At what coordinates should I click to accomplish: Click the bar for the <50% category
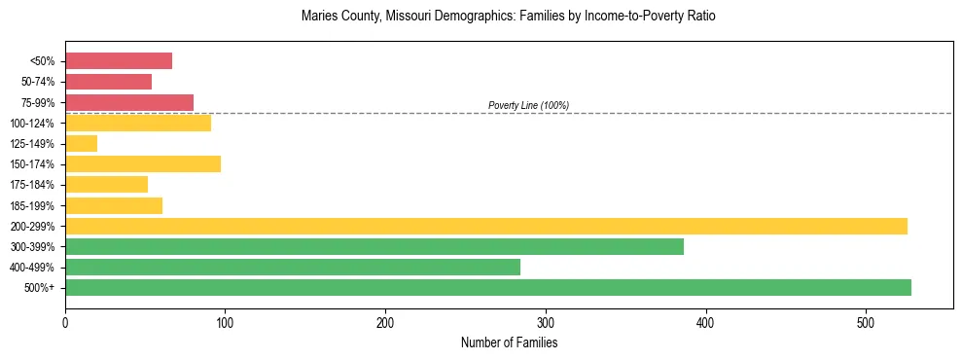(x=119, y=61)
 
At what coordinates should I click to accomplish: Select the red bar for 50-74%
(x=108, y=82)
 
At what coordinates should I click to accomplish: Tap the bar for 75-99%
(x=129, y=102)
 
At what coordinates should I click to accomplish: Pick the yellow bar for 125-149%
(x=81, y=144)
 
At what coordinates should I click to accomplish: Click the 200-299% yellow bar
(x=486, y=226)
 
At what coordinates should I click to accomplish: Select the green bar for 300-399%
(x=374, y=246)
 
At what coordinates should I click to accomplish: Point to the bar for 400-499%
(x=293, y=267)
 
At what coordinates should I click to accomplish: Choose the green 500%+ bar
(x=488, y=287)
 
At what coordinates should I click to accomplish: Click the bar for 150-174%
(x=143, y=164)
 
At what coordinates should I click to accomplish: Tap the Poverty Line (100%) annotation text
(x=528, y=105)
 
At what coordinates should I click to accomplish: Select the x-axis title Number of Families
(x=509, y=342)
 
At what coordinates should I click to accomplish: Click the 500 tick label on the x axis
(x=866, y=321)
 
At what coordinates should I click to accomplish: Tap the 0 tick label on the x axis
(x=65, y=321)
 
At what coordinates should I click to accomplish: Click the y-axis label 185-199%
(x=32, y=205)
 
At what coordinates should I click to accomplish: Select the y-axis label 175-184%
(x=32, y=185)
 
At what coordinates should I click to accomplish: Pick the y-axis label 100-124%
(x=32, y=124)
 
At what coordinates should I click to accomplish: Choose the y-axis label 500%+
(x=40, y=288)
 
